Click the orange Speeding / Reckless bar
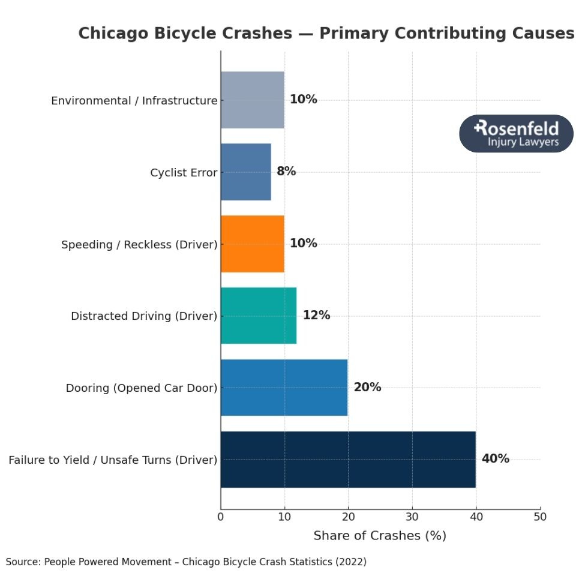pos(252,244)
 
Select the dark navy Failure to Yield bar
pos(348,460)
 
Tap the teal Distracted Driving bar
pos(258,316)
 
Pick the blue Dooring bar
pos(284,388)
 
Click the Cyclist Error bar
pos(245,172)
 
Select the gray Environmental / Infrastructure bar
pos(252,100)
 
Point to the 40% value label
pos(495,459)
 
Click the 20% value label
pos(367,387)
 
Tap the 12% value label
pos(316,315)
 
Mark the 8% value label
pos(286,171)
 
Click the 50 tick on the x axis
pos(540,517)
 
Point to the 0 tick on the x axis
pos(221,517)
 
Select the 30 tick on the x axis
pos(412,517)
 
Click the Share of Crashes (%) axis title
pos(380,536)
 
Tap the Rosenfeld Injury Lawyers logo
pos(516,134)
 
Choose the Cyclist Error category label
pos(184,173)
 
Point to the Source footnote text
pos(186,562)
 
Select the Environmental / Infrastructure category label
pos(134,101)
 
